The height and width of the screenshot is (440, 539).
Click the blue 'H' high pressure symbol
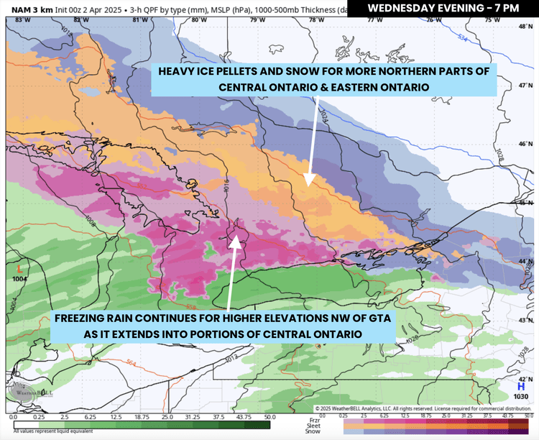tap(521, 386)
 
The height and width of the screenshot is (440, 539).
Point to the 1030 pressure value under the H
tap(521, 396)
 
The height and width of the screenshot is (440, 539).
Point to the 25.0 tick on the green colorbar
tap(167, 417)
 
